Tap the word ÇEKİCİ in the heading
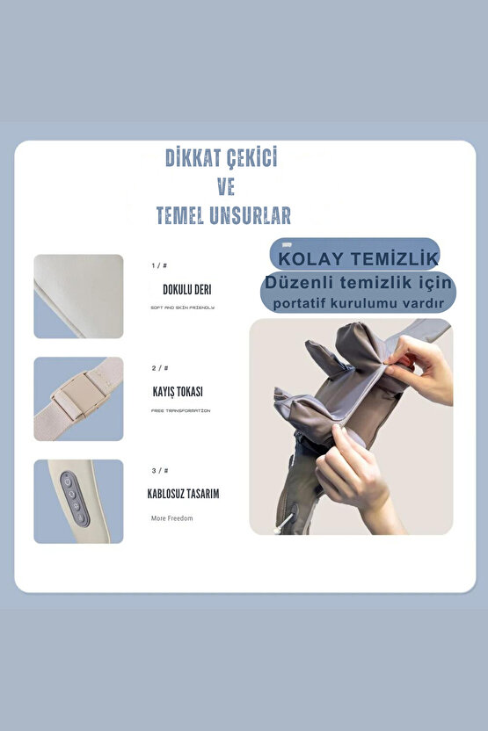point(252,158)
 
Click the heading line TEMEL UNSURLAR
point(222,215)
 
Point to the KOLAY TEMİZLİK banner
point(354,258)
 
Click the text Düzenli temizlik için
point(359,283)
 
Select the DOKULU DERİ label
point(186,289)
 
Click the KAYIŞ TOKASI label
point(183,392)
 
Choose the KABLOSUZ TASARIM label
point(183,494)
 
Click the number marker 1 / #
point(159,264)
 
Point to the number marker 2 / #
point(159,367)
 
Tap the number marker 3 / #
point(159,470)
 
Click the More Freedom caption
point(171,518)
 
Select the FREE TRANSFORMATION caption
point(180,410)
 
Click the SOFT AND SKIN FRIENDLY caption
point(182,308)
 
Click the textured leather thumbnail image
point(78,296)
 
